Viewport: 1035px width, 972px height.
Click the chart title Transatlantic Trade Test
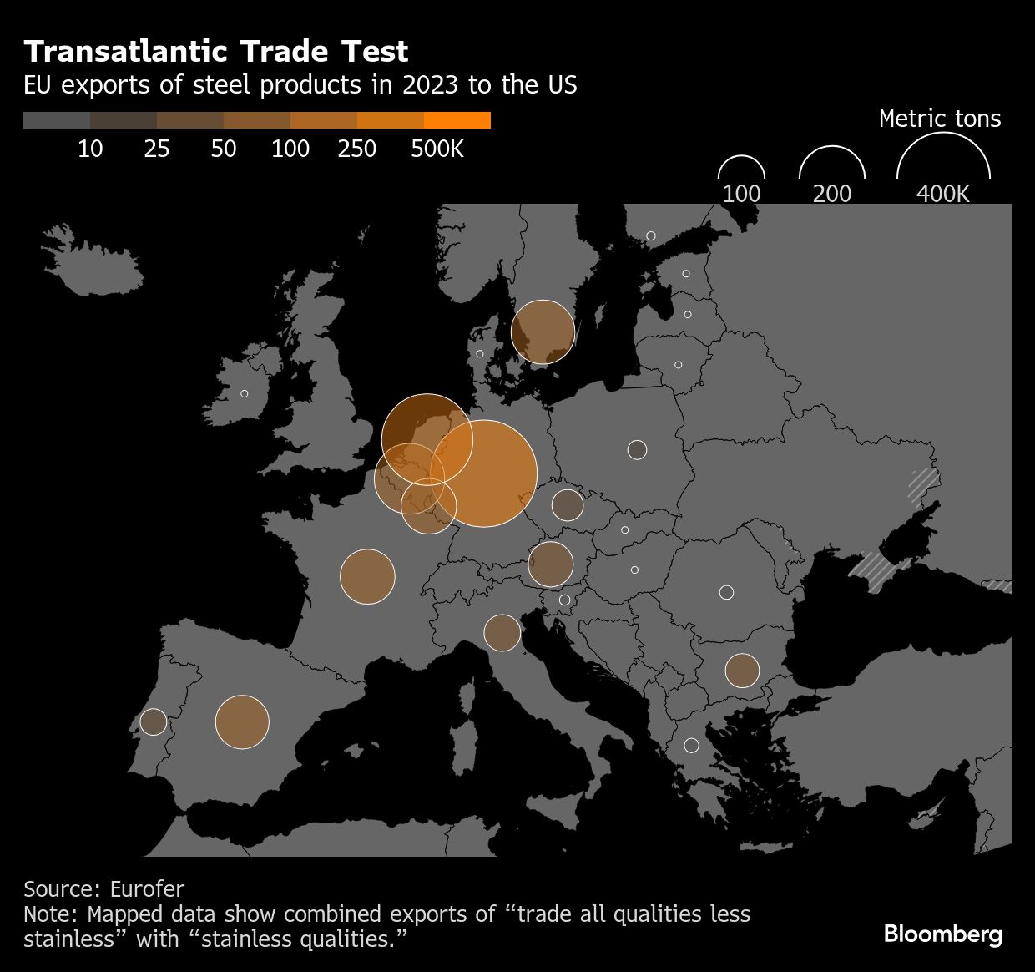click(216, 52)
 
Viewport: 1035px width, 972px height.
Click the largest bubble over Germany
click(483, 473)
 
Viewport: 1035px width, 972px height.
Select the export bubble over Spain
click(242, 721)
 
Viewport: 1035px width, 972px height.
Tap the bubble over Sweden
click(543, 332)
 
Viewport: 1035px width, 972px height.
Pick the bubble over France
click(367, 576)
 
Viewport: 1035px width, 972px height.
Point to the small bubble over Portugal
click(154, 721)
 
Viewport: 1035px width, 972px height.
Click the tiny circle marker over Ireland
click(245, 393)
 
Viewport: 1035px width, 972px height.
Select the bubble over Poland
click(637, 450)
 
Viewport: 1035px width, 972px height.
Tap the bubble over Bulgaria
click(742, 670)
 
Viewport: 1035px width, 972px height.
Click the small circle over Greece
click(691, 745)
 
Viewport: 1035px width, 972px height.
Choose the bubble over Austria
click(550, 564)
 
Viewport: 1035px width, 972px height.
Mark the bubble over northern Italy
click(502, 633)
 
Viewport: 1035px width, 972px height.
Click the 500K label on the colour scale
click(437, 149)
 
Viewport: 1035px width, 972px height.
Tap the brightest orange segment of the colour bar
click(457, 120)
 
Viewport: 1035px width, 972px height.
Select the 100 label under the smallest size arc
click(741, 194)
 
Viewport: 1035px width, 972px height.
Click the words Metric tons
click(940, 119)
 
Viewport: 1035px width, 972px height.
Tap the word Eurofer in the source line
click(147, 888)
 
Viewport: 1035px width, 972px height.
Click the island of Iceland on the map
click(93, 251)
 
